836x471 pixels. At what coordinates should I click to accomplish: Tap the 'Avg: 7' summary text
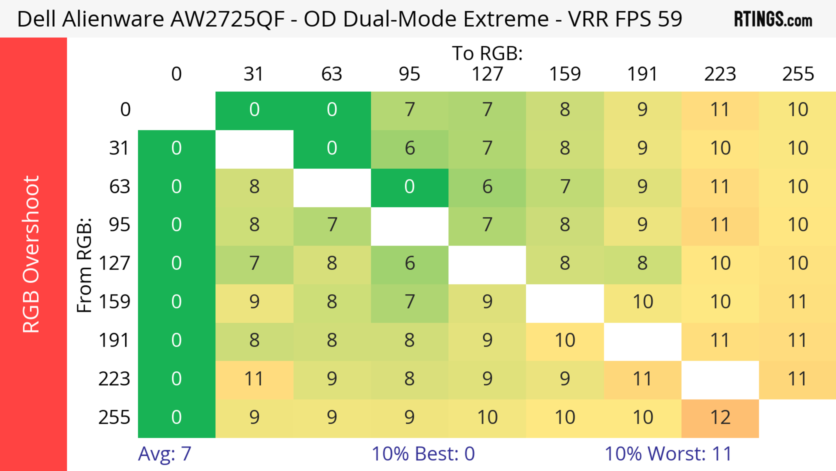[165, 454]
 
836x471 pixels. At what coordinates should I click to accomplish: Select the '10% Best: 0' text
[423, 454]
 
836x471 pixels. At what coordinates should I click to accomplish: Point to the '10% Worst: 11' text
[668, 454]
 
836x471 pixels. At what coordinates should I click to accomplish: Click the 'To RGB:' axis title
[487, 53]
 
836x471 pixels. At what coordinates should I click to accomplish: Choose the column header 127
[487, 74]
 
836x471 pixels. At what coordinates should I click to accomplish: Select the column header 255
[798, 74]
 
